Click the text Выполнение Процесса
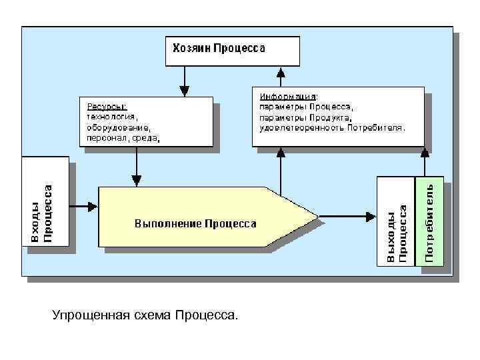pyautogui.click(x=195, y=223)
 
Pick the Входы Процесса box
pyautogui.click(x=45, y=201)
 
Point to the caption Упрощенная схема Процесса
pyautogui.click(x=145, y=313)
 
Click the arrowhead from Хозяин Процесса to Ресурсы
pyautogui.click(x=185, y=91)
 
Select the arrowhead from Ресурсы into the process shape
pyautogui.click(x=137, y=180)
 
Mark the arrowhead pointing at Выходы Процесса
pyautogui.click(x=370, y=216)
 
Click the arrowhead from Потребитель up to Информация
pyautogui.click(x=425, y=151)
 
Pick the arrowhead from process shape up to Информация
pyautogui.click(x=281, y=151)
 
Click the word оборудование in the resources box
pyautogui.click(x=115, y=127)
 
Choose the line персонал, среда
pyautogui.click(x=119, y=139)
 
